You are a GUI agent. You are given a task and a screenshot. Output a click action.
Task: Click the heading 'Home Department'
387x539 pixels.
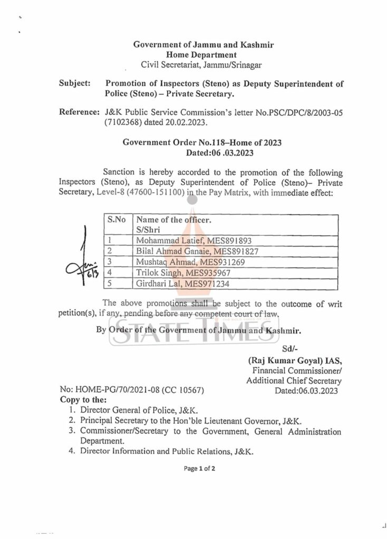201,55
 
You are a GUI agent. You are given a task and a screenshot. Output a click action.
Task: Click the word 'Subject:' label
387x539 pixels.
74,84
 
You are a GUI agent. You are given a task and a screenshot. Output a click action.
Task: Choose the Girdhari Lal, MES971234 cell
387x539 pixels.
185,284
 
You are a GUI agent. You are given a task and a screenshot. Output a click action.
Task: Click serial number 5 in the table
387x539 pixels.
110,284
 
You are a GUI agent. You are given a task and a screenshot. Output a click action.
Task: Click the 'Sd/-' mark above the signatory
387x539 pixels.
289,349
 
